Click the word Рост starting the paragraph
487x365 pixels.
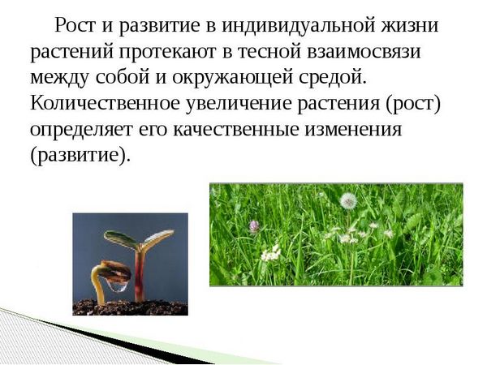pyautogui.click(x=75, y=25)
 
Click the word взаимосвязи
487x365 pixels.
pyautogui.click(x=364, y=51)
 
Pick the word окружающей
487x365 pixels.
pyautogui.click(x=232, y=78)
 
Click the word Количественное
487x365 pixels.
pyautogui.click(x=105, y=103)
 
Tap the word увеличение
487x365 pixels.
pyautogui.click(x=239, y=104)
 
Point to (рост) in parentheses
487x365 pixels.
pyautogui.click(x=413, y=104)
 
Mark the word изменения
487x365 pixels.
pyautogui.click(x=353, y=130)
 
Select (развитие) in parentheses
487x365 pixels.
pyautogui.click(x=79, y=155)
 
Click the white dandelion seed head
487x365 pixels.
pyautogui.click(x=348, y=201)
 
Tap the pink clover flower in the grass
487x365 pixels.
pyautogui.click(x=254, y=225)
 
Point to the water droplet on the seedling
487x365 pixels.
pyautogui.click(x=118, y=286)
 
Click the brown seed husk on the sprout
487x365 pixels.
pyautogui.click(x=115, y=272)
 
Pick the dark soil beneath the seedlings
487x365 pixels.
pyautogui.click(x=130, y=307)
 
